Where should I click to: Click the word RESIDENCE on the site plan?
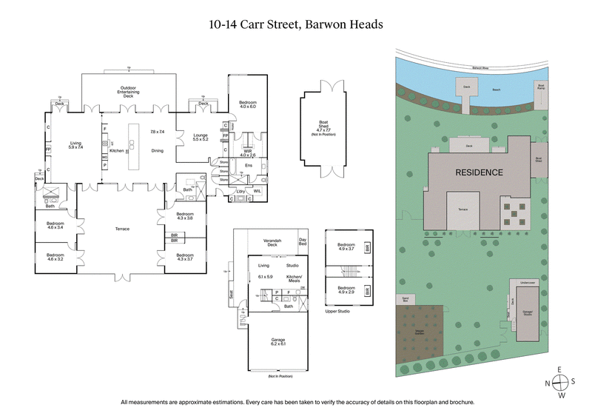tap(478, 172)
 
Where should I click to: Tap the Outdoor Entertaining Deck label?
tap(129, 93)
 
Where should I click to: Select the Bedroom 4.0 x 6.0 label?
tap(246, 104)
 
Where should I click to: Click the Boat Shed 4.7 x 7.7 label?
tap(315, 128)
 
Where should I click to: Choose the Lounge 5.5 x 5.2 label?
tap(201, 137)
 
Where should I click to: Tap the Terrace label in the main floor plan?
tap(122, 229)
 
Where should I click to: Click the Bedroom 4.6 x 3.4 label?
tap(55, 226)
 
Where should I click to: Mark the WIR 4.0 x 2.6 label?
tap(246, 153)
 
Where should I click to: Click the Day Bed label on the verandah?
tap(302, 241)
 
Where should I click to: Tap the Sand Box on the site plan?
tap(406, 299)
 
